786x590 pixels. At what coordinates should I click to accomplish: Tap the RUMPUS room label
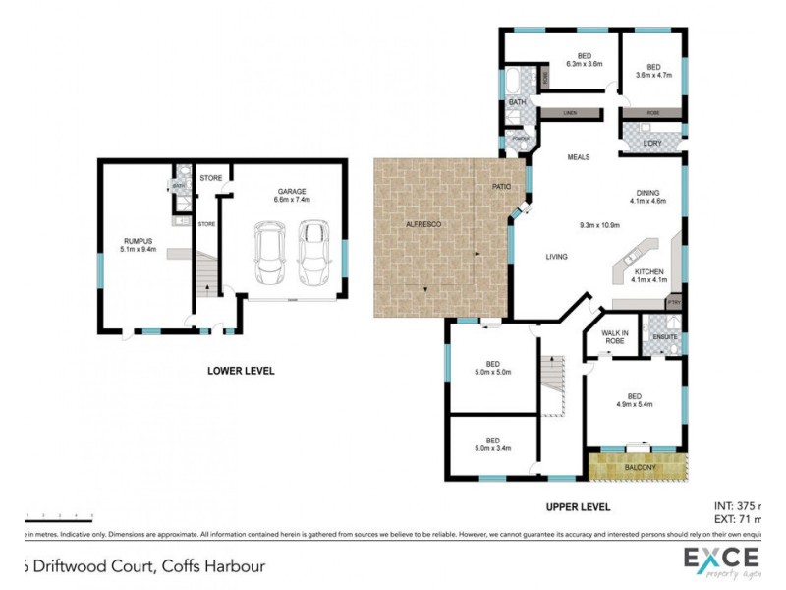[x=137, y=242]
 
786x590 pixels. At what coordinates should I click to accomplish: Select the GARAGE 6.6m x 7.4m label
[x=292, y=195]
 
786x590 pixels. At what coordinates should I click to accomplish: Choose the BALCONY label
[x=641, y=467]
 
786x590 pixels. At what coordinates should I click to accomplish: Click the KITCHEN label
[x=648, y=275]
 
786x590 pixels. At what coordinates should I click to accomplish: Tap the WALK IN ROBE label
[x=615, y=337]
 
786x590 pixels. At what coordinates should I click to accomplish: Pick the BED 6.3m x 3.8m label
[x=584, y=60]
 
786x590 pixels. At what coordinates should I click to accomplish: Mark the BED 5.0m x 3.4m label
[x=491, y=444]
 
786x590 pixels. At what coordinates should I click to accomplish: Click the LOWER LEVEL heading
[x=241, y=371]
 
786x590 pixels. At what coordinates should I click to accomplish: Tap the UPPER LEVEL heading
[x=579, y=507]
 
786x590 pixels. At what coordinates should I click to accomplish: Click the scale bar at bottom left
[x=59, y=516]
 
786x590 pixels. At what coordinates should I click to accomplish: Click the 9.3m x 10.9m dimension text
[x=599, y=224]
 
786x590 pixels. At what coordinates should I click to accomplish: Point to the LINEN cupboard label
[x=568, y=113]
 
